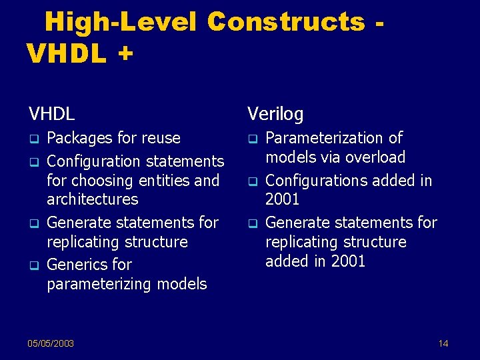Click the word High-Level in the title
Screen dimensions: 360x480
coord(120,22)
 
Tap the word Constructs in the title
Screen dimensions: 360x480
coord(286,22)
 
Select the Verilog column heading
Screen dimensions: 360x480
coord(275,114)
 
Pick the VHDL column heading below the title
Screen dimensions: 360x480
coord(51,114)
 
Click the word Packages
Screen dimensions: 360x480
coord(79,138)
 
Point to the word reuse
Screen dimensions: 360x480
coord(158,138)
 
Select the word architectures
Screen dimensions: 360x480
coord(92,199)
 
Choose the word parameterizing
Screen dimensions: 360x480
coord(99,284)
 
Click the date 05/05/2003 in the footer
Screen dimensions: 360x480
coord(51,343)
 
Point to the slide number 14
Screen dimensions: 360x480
coord(443,343)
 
